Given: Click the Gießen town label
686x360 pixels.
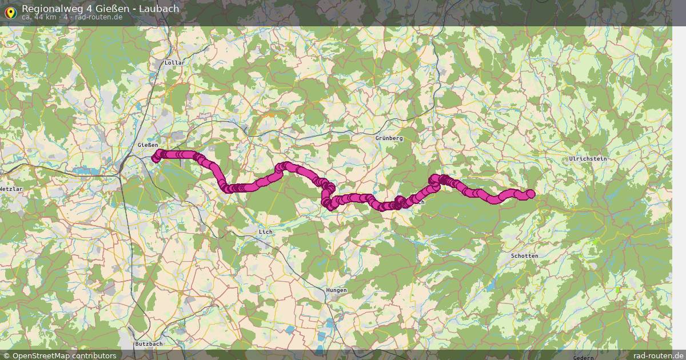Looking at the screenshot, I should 147,145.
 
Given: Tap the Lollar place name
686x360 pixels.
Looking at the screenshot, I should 172,62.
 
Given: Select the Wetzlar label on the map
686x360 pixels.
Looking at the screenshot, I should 10,189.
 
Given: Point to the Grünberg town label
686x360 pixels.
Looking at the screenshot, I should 389,138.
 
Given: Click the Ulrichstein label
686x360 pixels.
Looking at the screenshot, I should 588,158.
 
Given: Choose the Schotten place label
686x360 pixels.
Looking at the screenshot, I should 524,256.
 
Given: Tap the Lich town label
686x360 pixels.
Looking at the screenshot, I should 266,232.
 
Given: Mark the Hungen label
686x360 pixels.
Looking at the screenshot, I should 336,290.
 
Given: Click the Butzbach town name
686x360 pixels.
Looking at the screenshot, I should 149,344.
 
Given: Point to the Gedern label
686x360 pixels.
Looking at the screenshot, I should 583,357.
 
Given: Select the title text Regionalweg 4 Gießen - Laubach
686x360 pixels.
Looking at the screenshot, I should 100,9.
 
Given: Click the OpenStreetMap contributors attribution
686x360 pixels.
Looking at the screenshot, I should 64,355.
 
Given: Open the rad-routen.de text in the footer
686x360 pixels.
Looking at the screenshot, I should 658,355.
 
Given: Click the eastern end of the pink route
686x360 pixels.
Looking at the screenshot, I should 531,194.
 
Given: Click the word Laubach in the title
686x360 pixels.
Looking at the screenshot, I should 159,9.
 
